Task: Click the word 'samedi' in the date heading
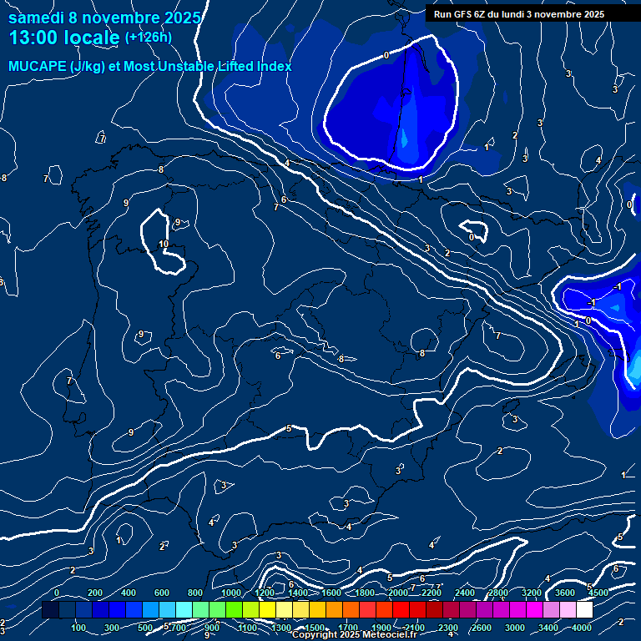coord(36,18)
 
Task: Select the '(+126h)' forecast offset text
coord(148,37)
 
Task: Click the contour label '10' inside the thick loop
coord(164,244)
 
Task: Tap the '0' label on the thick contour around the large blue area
coord(386,55)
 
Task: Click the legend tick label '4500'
coord(597,593)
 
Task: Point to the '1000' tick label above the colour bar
coord(231,593)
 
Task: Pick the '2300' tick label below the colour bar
coord(448,628)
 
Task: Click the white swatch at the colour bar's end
coord(584,610)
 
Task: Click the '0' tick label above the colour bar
coord(57,593)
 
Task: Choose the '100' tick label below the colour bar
coord(80,628)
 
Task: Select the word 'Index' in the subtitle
coord(271,66)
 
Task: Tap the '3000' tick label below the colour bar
coord(515,628)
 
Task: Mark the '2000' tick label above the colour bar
coord(398,593)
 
